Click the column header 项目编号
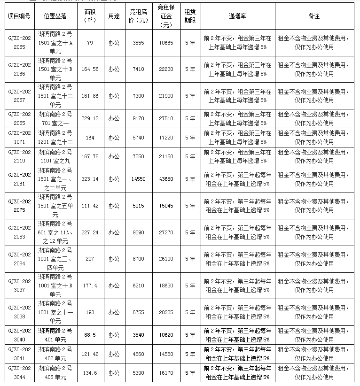click(19, 16)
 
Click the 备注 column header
click(314, 16)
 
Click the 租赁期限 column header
click(190, 16)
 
